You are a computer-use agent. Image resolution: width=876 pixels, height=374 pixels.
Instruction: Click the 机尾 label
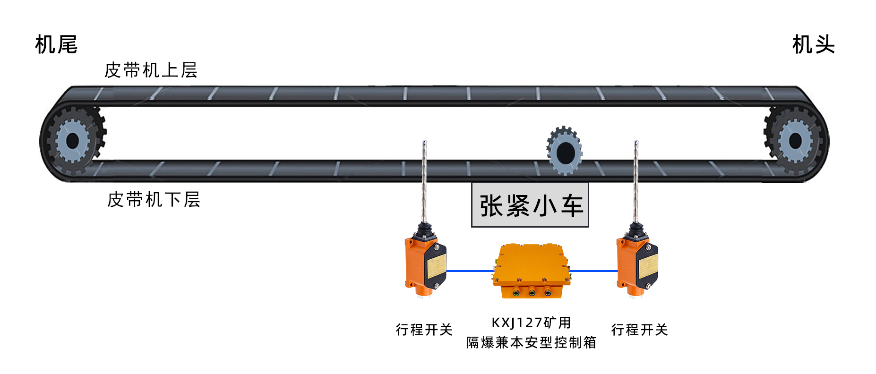[x=56, y=45]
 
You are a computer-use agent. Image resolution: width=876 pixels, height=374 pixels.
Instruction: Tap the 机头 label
[x=813, y=45]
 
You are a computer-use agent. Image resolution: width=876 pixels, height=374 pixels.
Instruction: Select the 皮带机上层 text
[x=151, y=70]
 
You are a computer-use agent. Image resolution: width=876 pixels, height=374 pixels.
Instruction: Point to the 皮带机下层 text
[x=154, y=200]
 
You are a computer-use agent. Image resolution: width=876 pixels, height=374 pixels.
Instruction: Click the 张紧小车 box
[x=530, y=205]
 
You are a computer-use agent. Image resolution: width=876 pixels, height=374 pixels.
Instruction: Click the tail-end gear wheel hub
[x=73, y=141]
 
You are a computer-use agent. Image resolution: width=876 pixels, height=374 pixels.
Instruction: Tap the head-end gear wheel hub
[x=796, y=141]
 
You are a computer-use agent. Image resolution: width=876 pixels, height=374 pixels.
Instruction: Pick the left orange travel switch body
[x=416, y=264]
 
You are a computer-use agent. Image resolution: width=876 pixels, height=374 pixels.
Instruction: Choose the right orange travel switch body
[x=627, y=264]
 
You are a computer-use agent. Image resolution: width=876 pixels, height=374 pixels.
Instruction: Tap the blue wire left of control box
[x=470, y=271]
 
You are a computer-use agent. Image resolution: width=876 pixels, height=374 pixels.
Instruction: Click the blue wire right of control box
[x=593, y=271]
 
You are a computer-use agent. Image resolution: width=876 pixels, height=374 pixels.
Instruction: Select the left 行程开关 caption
[x=424, y=330]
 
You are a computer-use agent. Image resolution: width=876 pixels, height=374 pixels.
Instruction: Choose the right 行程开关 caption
[x=639, y=330]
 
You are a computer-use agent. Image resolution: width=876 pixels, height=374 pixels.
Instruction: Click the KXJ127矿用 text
[x=531, y=323]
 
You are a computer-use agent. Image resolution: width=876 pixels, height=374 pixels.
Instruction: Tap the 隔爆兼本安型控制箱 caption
[x=531, y=342]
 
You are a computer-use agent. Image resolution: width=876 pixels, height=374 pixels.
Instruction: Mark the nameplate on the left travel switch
[x=437, y=266]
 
